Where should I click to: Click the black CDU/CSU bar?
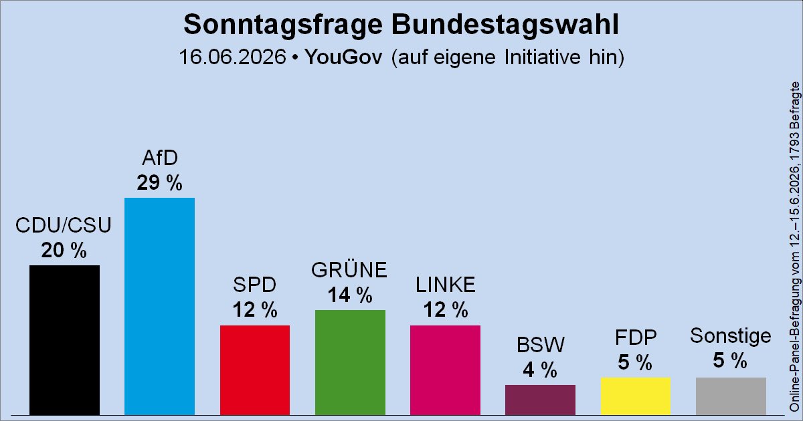pyautogui.click(x=64, y=340)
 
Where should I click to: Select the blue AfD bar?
pyautogui.click(x=159, y=307)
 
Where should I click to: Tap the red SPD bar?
pyautogui.click(x=255, y=370)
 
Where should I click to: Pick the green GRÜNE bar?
pyautogui.click(x=350, y=363)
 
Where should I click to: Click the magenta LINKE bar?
pyautogui.click(x=445, y=370)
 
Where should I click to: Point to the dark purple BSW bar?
pyautogui.click(x=540, y=400)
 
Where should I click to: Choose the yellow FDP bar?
pyautogui.click(x=636, y=396)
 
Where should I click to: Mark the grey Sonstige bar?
pyautogui.click(x=731, y=396)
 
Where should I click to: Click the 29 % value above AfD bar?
pyautogui.click(x=159, y=182)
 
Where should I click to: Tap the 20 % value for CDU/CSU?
pyautogui.click(x=64, y=250)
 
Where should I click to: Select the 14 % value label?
pyautogui.click(x=350, y=295)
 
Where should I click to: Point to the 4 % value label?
pyautogui.click(x=540, y=370)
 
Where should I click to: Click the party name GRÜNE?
pyautogui.click(x=349, y=269)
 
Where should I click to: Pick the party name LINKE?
pyautogui.click(x=445, y=285)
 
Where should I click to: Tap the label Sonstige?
pyautogui.click(x=731, y=335)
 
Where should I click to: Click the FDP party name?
pyautogui.click(x=636, y=337)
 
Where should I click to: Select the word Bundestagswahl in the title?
pyautogui.click(x=505, y=25)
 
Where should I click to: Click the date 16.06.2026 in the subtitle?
pyautogui.click(x=233, y=57)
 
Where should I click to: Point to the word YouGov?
pyautogui.click(x=343, y=57)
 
